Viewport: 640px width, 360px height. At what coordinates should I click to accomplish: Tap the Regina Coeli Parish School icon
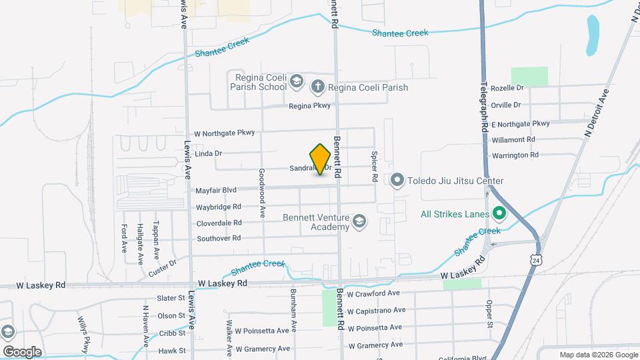297,82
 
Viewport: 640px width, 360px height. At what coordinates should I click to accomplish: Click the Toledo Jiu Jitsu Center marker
398,180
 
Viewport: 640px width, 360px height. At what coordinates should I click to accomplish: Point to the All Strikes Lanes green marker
499,215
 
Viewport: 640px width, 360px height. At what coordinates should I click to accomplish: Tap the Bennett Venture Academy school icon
359,221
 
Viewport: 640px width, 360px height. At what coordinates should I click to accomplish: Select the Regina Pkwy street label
309,105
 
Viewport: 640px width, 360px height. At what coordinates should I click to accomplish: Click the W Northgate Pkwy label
224,133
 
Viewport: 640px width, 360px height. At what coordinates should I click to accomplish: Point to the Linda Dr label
209,153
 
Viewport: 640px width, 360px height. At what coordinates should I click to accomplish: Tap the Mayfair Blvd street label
216,191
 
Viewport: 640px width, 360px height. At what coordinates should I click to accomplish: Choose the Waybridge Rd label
218,207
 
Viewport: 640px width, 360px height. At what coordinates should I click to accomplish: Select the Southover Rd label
219,239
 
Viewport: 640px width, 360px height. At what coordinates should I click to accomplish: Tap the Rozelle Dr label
507,88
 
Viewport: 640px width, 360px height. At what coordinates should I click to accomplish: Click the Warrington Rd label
515,155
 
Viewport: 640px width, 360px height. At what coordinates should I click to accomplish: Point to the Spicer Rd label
375,159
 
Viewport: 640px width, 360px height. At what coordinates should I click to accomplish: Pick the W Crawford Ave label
373,293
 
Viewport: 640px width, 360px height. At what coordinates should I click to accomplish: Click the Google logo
22,352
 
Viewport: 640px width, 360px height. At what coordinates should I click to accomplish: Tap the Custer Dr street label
163,267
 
